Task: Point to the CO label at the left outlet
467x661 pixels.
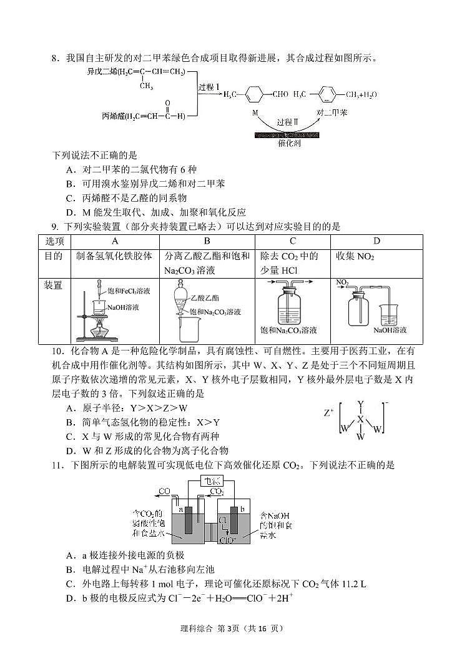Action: coord(165,492)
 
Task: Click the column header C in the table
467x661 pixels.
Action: coord(292,241)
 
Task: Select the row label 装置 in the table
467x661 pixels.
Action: coord(53,286)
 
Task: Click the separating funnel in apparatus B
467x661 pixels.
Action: coord(181,299)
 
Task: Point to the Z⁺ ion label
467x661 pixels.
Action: coord(328,413)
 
